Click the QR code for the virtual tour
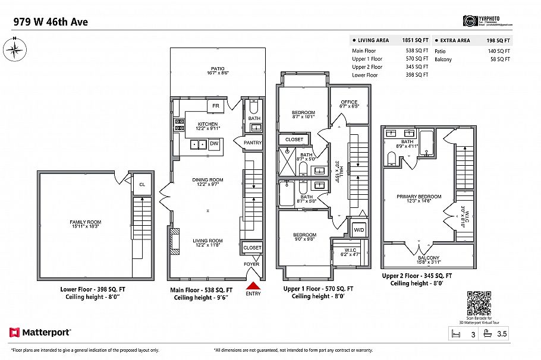(x=478, y=303)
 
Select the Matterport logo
(x=40, y=332)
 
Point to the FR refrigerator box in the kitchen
(x=215, y=106)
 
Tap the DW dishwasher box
(x=214, y=144)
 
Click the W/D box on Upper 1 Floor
(x=359, y=229)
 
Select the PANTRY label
(x=253, y=143)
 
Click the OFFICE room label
(x=349, y=102)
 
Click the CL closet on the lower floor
(x=141, y=184)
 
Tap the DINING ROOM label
(x=207, y=179)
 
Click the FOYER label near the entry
(x=251, y=264)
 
